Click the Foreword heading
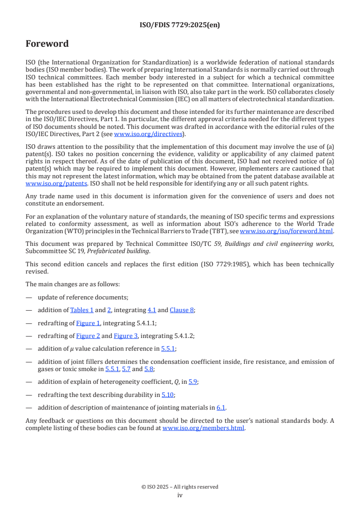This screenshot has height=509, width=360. (47, 44)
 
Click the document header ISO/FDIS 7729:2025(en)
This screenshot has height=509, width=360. (180, 25)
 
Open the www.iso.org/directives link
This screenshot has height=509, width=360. (148, 134)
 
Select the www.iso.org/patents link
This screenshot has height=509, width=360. (44, 184)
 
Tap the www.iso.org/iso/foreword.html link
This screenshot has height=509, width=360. (286, 231)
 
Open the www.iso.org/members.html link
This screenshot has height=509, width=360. (203, 428)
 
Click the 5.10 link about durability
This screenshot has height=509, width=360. (168, 395)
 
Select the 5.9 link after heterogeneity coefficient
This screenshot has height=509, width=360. (193, 382)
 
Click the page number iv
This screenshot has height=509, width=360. (180, 495)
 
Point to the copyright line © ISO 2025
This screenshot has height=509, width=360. (180, 487)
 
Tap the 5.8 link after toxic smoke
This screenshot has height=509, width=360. (149, 369)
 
